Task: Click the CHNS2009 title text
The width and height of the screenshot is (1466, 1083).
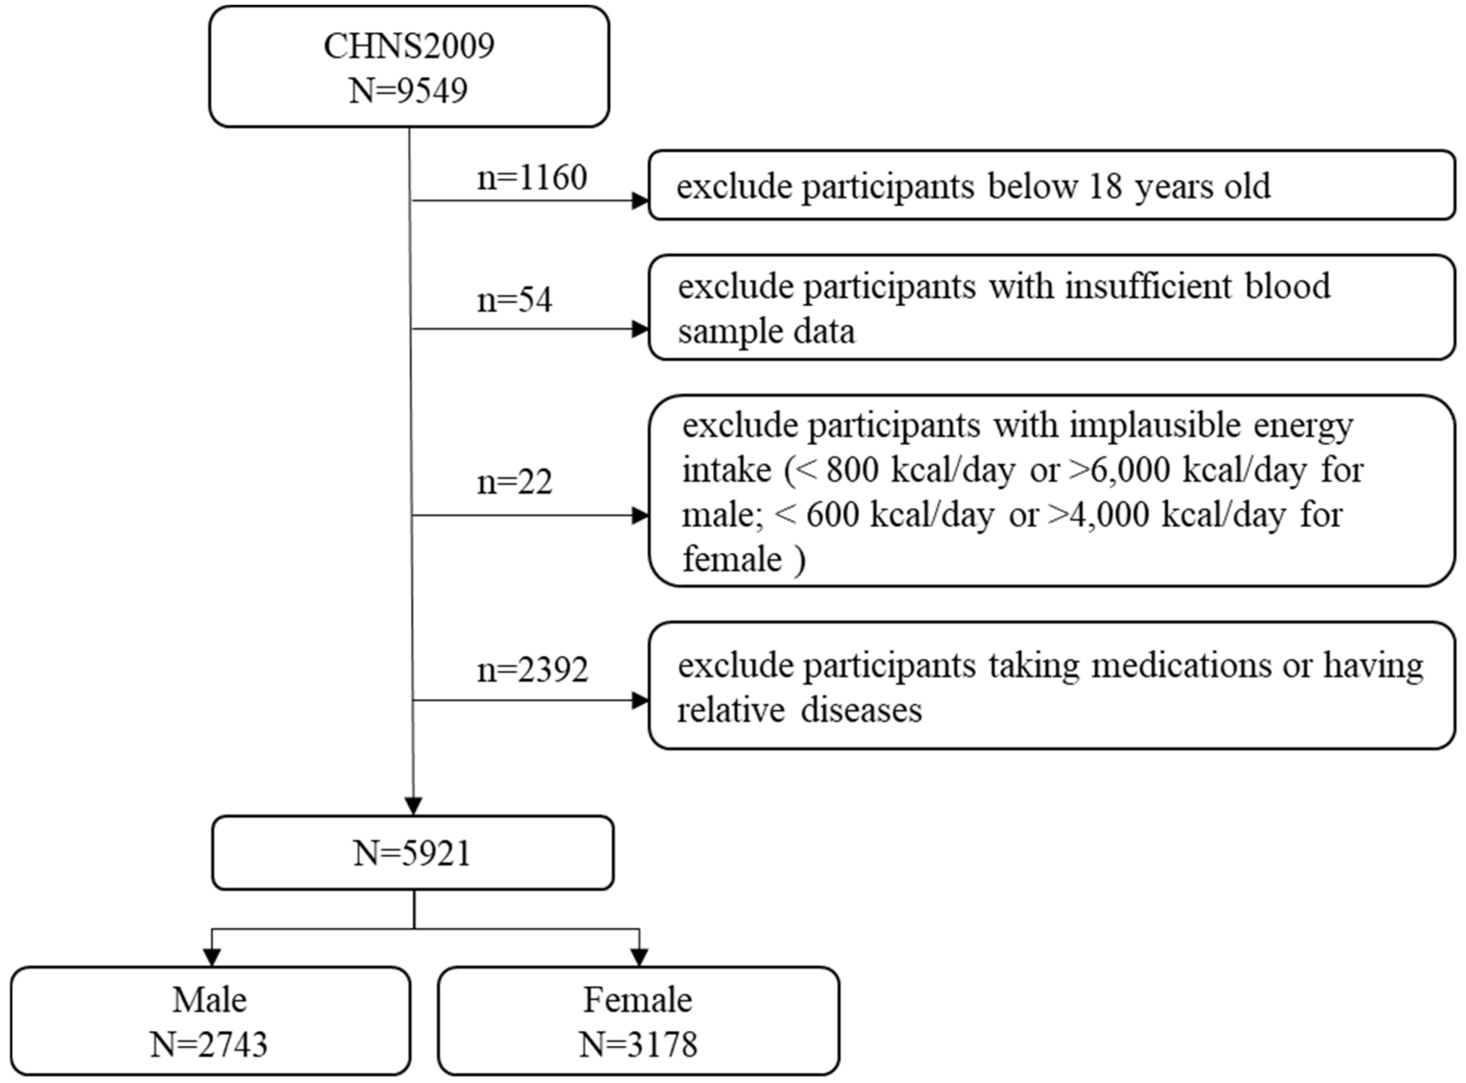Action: [x=409, y=46]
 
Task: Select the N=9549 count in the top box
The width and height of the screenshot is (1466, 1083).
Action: [x=408, y=91]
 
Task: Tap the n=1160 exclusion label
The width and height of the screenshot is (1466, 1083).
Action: [x=532, y=178]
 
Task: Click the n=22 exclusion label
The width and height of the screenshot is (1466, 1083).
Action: [x=515, y=483]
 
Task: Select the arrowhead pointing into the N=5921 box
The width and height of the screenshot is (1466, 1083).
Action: [x=413, y=806]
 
